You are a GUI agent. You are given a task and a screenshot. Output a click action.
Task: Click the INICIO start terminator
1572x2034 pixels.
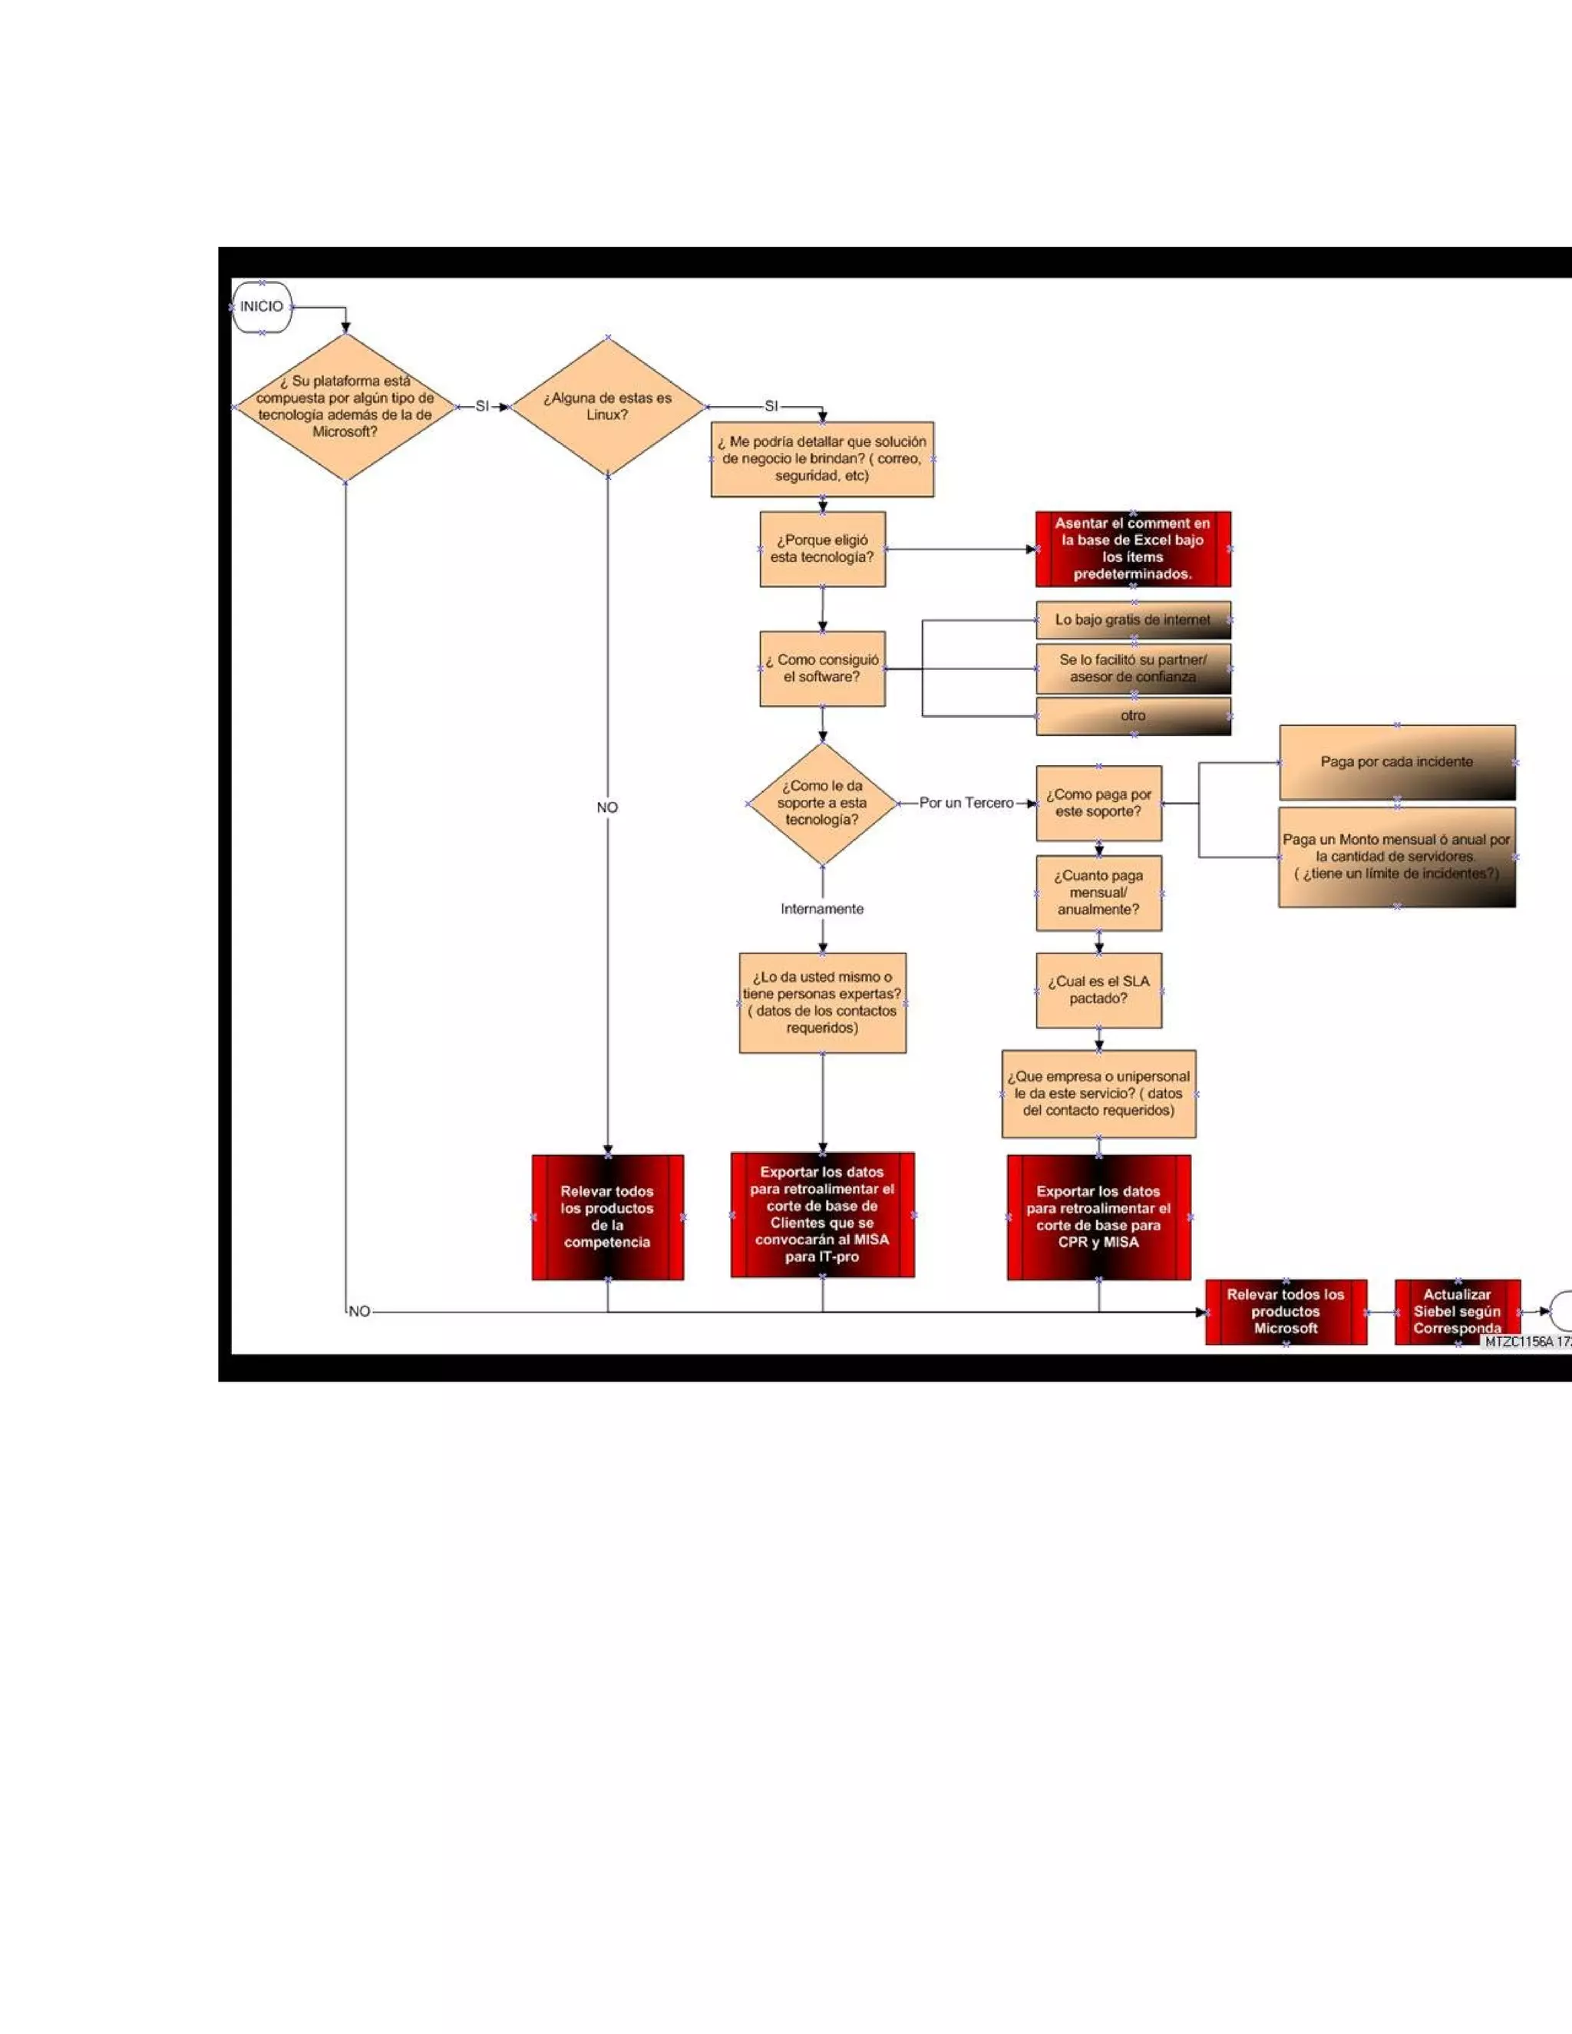tap(262, 306)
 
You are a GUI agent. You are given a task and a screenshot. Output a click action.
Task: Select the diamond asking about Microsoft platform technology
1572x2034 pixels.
tap(345, 407)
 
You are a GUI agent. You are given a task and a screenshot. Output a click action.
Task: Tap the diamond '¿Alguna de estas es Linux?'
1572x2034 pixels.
tap(607, 407)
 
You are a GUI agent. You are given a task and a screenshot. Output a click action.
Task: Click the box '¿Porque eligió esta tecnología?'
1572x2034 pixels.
tap(822, 549)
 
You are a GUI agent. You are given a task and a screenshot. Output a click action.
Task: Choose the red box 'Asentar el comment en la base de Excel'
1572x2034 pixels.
tap(1132, 549)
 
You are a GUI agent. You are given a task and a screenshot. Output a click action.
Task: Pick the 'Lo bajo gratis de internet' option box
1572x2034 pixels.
tap(1132, 619)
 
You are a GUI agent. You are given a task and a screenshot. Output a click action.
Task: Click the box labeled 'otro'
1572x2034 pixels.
tap(1132, 716)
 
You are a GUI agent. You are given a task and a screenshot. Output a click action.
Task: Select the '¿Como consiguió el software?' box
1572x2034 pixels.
tap(822, 669)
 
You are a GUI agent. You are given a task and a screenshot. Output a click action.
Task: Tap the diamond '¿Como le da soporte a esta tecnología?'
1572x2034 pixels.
tap(822, 803)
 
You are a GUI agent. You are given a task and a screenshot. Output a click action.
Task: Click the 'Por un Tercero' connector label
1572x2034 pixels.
tap(966, 803)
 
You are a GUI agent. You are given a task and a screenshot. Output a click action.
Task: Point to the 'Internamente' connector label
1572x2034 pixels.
tap(822, 909)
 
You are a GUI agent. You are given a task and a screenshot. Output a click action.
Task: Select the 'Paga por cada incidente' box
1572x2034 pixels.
tap(1397, 762)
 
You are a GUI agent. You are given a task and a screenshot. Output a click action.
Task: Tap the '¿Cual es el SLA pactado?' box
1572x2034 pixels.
tap(1099, 990)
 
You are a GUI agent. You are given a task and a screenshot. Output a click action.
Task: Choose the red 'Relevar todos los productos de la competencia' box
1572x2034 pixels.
tap(607, 1217)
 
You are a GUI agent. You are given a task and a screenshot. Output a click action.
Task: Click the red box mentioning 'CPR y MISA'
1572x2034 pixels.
tap(1099, 1217)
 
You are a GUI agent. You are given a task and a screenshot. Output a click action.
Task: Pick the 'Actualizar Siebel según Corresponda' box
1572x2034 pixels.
tap(1458, 1311)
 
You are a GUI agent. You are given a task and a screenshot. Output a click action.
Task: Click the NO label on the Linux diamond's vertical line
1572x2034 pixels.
tap(607, 807)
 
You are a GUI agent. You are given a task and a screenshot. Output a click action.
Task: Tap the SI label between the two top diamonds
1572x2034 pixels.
tap(482, 406)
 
